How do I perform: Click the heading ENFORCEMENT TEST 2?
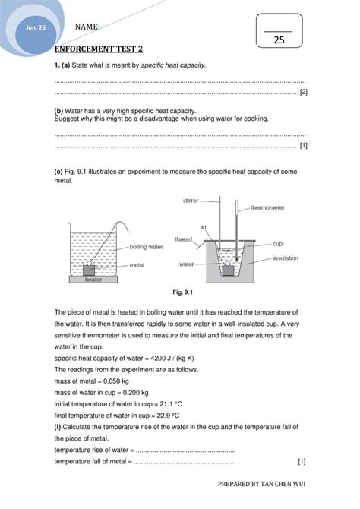click(98, 49)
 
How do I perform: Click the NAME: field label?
click(88, 27)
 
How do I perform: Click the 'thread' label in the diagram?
click(184, 239)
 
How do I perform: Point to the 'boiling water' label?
click(147, 247)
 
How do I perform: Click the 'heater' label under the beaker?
click(93, 280)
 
